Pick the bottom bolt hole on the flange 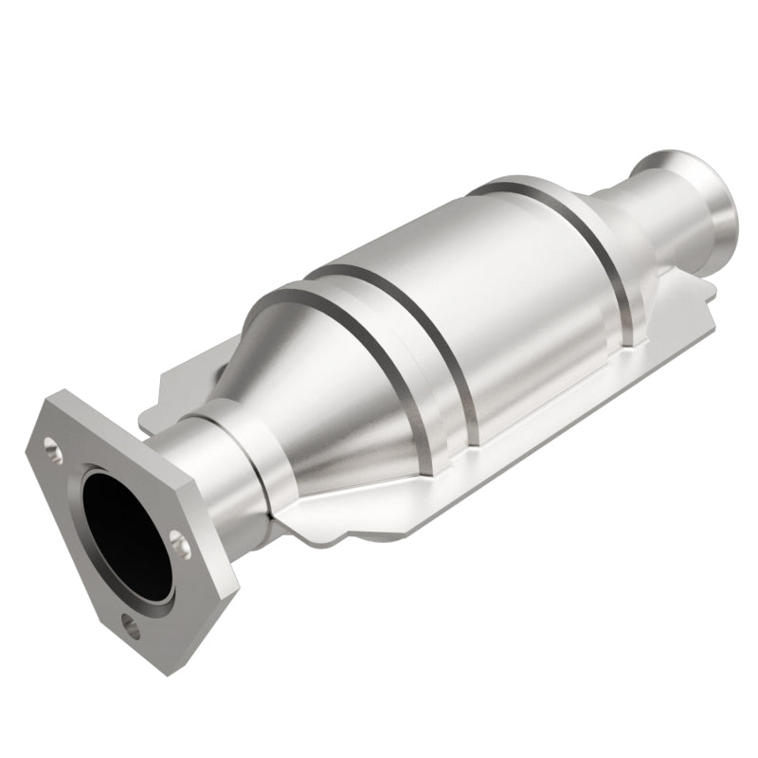129,623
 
